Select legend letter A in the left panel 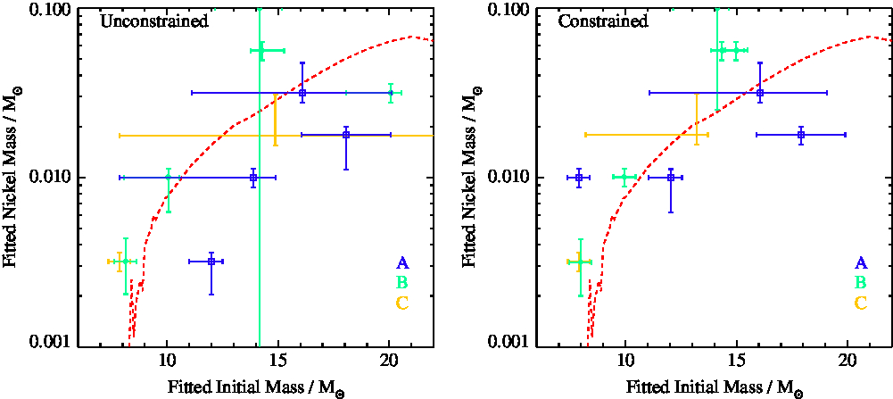pos(402,263)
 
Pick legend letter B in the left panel pos(402,283)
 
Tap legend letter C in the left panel pos(402,303)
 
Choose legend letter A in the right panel pos(861,263)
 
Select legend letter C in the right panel pos(861,303)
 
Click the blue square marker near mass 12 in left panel pos(211,262)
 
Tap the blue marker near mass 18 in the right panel pos(801,135)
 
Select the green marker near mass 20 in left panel pos(391,92)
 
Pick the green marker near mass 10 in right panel pos(624,178)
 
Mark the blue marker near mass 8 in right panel pos(579,178)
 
